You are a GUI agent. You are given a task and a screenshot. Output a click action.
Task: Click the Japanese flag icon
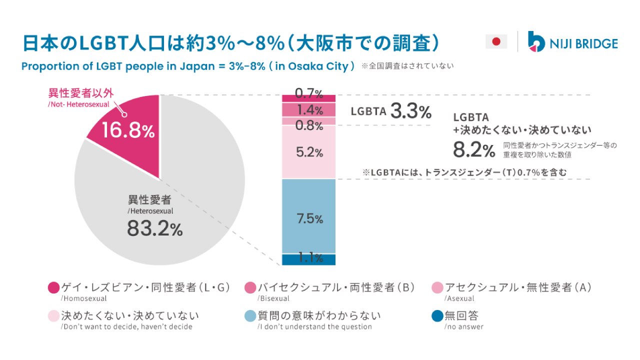click(496, 41)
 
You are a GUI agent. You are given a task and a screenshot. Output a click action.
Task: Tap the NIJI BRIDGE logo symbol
click(536, 41)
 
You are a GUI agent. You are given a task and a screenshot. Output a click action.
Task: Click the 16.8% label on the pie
click(128, 131)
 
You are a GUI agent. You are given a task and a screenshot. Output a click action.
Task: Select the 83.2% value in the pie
click(154, 229)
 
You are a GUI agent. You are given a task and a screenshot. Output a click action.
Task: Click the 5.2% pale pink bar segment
click(309, 152)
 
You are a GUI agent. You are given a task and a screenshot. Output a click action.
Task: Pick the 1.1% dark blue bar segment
click(309, 259)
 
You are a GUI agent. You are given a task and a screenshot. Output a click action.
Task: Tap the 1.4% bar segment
click(309, 109)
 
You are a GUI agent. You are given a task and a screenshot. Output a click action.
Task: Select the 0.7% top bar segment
click(309, 98)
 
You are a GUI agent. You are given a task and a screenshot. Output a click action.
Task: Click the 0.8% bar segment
click(309, 121)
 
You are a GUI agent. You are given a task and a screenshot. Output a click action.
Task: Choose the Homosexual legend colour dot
click(53, 287)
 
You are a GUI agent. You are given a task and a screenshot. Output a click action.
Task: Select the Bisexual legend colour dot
click(250, 287)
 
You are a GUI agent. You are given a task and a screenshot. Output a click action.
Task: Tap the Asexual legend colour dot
click(437, 287)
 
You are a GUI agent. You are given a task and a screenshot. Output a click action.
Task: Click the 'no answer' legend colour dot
click(437, 316)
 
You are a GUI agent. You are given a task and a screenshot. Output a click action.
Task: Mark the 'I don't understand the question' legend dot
click(250, 316)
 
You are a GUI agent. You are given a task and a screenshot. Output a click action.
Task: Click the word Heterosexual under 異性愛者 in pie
click(150, 211)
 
